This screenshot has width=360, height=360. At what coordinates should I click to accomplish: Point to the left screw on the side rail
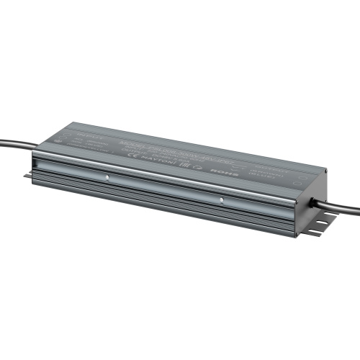click(x=107, y=175)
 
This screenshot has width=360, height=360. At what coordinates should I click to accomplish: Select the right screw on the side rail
click(x=221, y=200)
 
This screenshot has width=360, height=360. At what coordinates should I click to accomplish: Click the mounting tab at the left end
click(x=29, y=175)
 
